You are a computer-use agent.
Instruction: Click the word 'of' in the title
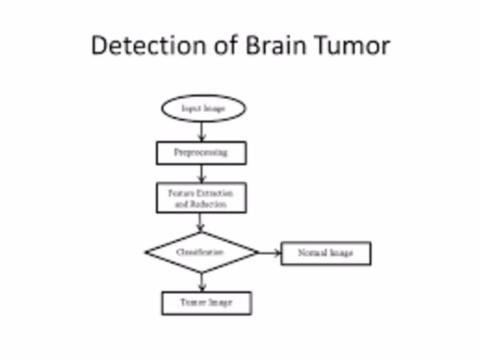[226, 45]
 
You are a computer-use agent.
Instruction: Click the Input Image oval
[203, 108]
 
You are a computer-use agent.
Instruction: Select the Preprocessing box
[201, 153]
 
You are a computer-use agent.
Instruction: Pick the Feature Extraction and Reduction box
[201, 198]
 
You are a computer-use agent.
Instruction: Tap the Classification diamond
[201, 253]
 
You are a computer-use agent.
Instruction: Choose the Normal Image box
[326, 253]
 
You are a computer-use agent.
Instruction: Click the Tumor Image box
[206, 303]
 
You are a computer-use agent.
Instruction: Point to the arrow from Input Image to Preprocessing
[201, 131]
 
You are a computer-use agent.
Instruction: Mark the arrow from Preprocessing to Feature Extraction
[201, 173]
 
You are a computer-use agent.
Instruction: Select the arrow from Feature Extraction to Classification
[200, 222]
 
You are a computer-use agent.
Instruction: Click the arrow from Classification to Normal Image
[269, 253]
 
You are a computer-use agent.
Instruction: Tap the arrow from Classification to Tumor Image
[201, 282]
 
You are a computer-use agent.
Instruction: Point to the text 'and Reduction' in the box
[201, 204]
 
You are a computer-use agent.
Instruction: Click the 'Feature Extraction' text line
[201, 193]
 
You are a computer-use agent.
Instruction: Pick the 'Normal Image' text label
[326, 253]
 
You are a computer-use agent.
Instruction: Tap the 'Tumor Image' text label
[206, 302]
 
